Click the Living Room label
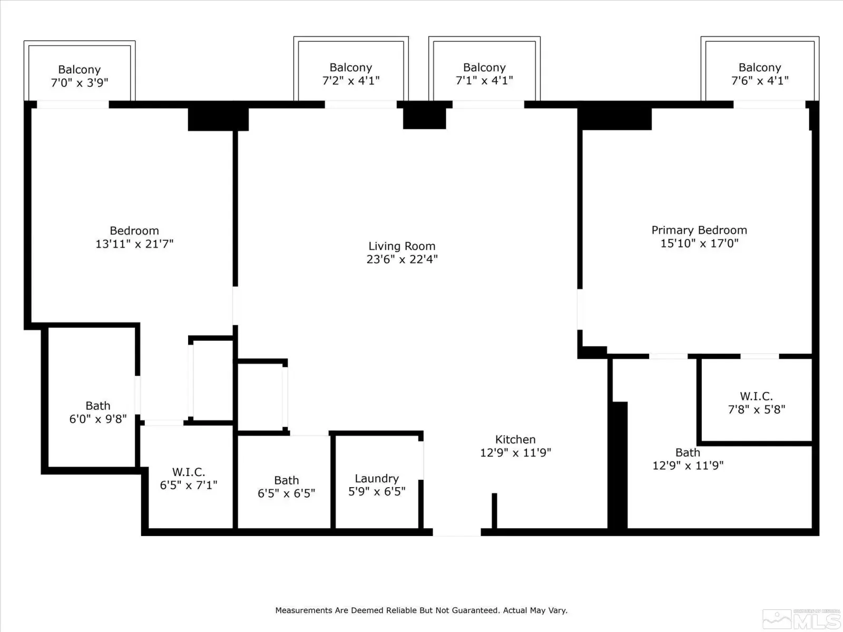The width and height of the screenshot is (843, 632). click(x=401, y=246)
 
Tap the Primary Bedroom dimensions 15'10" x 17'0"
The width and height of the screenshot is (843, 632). click(x=699, y=243)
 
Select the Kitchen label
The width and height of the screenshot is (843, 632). click(x=515, y=439)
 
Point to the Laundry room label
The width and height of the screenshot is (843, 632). click(x=377, y=479)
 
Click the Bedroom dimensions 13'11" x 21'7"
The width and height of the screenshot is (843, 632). click(x=134, y=244)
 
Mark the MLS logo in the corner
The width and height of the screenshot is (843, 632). click(x=801, y=619)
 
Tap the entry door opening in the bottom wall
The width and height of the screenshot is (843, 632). click(x=457, y=532)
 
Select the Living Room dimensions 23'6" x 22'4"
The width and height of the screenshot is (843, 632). click(x=401, y=260)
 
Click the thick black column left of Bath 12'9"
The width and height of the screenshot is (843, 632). click(x=617, y=465)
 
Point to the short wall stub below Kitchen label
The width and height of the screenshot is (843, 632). click(x=494, y=511)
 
